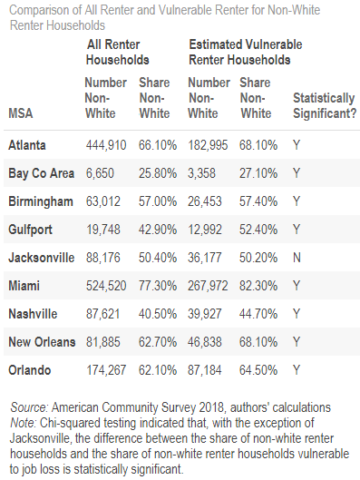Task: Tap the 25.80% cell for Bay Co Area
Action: [x=158, y=172]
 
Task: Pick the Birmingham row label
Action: [x=39, y=201]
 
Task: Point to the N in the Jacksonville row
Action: [x=297, y=258]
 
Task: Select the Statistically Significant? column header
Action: [x=322, y=105]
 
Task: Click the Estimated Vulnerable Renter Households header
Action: [x=245, y=51]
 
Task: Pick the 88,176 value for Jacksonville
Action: [x=100, y=258]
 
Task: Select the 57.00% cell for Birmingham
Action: [x=158, y=201]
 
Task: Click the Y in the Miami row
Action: [x=297, y=286]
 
